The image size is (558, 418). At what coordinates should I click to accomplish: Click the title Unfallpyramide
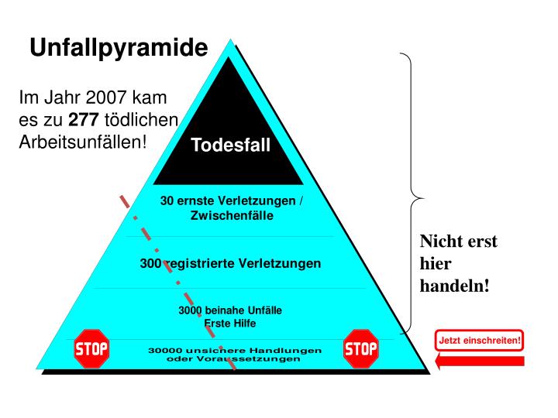click(x=119, y=49)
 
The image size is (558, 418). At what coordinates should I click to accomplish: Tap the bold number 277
click(x=84, y=121)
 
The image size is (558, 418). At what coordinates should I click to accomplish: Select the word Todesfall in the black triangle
click(x=231, y=145)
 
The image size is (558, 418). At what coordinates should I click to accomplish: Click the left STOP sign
click(x=91, y=348)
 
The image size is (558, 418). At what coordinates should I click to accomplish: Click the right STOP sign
click(x=360, y=348)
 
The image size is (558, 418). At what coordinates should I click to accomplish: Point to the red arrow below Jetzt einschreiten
click(x=480, y=361)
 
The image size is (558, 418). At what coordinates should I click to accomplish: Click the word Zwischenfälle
click(x=232, y=215)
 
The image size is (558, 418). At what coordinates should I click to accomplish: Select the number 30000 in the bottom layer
click(x=164, y=351)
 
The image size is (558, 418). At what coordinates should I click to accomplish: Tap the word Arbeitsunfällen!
click(x=82, y=142)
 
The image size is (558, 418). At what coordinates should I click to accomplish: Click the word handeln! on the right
click(x=454, y=286)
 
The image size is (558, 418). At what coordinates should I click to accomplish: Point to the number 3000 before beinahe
click(x=191, y=310)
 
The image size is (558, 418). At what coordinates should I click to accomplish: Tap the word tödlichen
click(x=145, y=121)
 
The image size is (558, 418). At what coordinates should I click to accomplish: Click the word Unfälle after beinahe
click(x=264, y=310)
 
